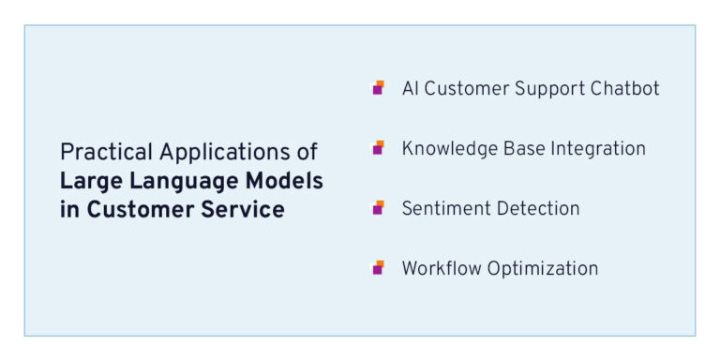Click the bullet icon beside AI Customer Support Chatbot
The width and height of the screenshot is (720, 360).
click(378, 88)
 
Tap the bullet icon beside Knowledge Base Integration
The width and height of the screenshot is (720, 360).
click(378, 148)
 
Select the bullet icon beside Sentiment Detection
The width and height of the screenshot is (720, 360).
click(378, 208)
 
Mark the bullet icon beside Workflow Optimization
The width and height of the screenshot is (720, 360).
click(378, 268)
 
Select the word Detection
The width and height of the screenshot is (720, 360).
click(535, 208)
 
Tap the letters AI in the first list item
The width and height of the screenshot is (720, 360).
click(411, 88)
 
